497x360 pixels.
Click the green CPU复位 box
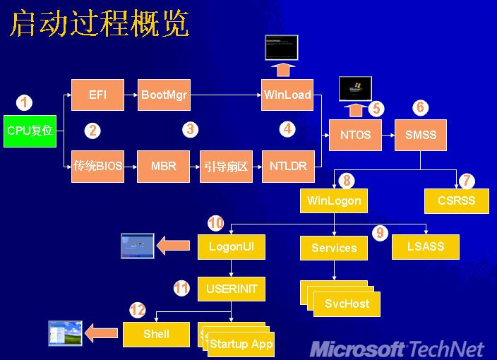[x=30, y=131]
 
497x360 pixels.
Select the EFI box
[x=97, y=95]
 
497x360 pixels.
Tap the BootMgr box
[x=164, y=95]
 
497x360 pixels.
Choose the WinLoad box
[x=287, y=95]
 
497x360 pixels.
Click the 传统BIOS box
[x=97, y=167]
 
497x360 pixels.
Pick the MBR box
[x=163, y=167]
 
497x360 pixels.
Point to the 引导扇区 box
[x=226, y=167]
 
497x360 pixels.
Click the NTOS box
[x=355, y=135]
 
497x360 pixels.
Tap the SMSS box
[x=421, y=135]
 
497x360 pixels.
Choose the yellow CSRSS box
[x=456, y=200]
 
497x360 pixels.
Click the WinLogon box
[x=334, y=200]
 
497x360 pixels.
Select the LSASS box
[x=426, y=246]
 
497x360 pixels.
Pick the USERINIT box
[x=232, y=289]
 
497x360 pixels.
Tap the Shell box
[x=156, y=334]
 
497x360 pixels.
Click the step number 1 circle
[x=25, y=103]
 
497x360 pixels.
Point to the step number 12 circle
[x=137, y=309]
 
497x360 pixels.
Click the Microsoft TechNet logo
[x=397, y=348]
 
